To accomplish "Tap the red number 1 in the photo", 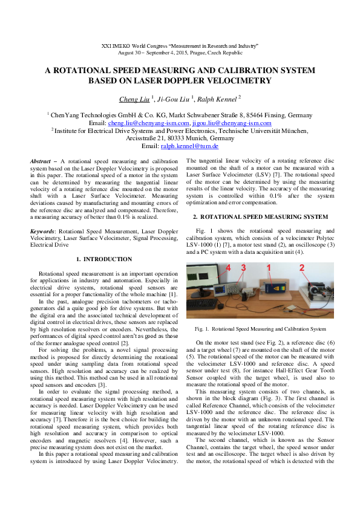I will point(268,267).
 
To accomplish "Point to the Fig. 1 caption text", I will point(260,329).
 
